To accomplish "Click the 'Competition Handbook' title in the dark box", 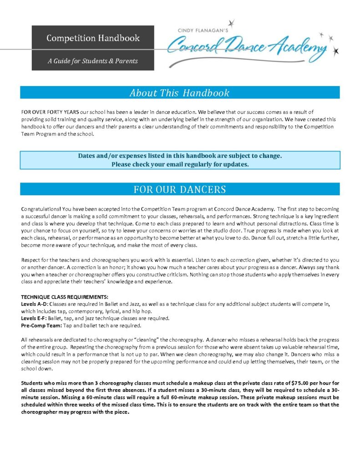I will point(93,38).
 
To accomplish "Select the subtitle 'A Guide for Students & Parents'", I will point(93,61).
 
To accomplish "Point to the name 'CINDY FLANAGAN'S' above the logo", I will point(202,30).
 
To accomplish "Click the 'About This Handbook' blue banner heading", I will point(179,93).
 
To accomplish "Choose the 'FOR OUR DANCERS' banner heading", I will point(179,189).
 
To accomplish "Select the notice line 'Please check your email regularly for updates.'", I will point(180,164).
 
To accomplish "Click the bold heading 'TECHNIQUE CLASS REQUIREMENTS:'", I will point(64,297).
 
